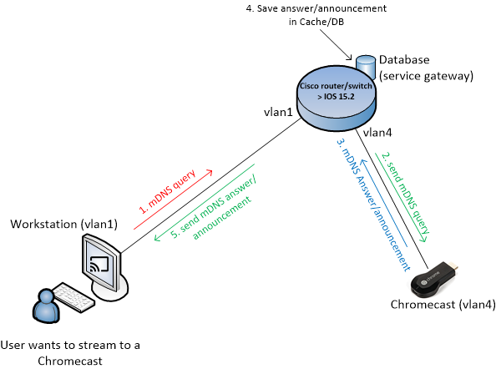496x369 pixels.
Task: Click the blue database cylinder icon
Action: click(366, 67)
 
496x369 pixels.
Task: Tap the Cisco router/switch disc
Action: click(337, 102)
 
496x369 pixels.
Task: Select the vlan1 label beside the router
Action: click(278, 112)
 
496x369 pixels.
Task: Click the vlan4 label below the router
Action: click(377, 133)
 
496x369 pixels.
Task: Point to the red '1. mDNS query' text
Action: click(168, 192)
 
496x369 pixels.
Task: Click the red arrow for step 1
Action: click(173, 200)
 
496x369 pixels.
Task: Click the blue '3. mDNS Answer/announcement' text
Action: click(373, 205)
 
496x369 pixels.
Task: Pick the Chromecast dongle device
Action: click(435, 280)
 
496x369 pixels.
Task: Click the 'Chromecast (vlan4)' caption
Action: click(443, 305)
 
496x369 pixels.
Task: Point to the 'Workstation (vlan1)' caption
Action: click(64, 225)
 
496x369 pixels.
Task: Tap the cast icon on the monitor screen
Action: click(99, 264)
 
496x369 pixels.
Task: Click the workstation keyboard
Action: click(73, 297)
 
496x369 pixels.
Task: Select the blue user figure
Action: click(46, 306)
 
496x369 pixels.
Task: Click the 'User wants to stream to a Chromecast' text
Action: click(70, 353)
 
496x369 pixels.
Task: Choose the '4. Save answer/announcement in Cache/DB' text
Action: click(316, 15)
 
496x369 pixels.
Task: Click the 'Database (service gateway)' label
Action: click(426, 68)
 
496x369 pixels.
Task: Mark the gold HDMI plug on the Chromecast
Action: click(453, 267)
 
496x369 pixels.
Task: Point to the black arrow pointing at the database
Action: click(336, 44)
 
